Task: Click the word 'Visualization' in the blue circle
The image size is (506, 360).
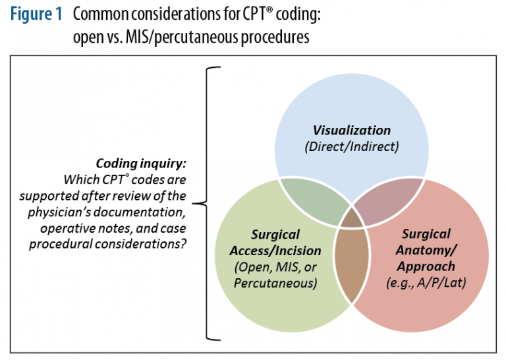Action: click(x=351, y=130)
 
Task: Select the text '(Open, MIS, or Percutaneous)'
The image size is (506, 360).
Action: click(x=275, y=275)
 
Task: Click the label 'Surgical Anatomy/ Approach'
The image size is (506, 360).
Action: click(x=426, y=250)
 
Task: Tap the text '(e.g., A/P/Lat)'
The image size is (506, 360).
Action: click(x=426, y=283)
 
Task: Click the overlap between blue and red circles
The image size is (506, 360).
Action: click(x=389, y=200)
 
